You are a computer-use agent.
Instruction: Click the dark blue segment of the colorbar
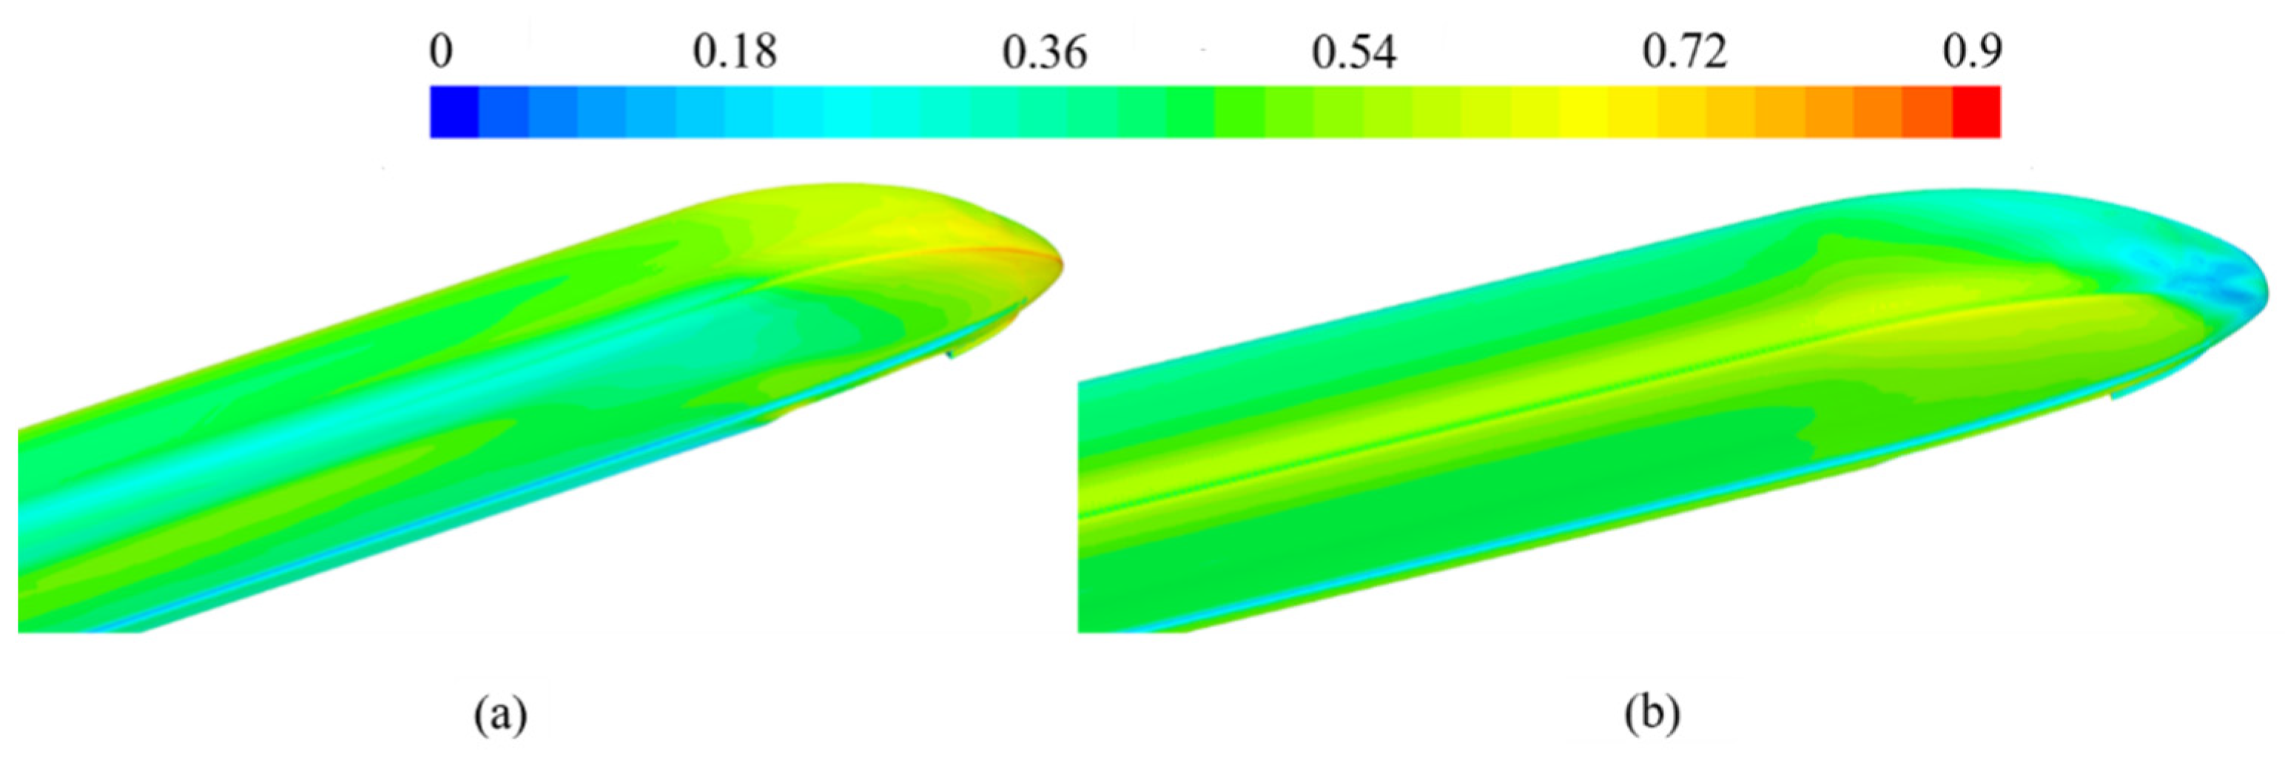pos(454,112)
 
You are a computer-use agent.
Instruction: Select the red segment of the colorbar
pos(1976,112)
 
